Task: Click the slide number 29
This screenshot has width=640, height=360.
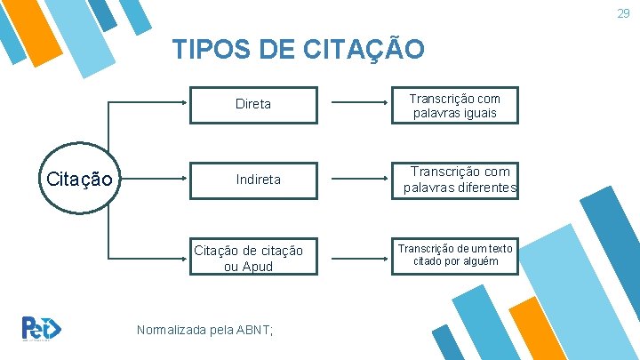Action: (x=624, y=13)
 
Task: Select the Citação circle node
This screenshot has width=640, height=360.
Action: (x=78, y=179)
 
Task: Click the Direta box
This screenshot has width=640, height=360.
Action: (x=253, y=104)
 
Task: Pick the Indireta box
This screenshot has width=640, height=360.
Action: (x=258, y=180)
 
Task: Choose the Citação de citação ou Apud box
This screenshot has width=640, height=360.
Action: (x=249, y=258)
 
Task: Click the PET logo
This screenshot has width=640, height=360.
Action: (x=41, y=327)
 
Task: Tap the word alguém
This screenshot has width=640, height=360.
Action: (x=479, y=260)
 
